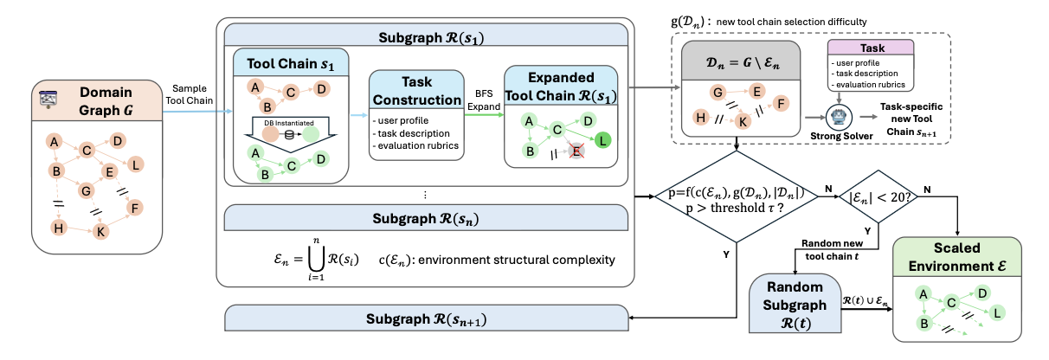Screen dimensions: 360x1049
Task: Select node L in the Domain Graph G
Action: click(x=138, y=164)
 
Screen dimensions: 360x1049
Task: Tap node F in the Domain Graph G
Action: click(x=135, y=208)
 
